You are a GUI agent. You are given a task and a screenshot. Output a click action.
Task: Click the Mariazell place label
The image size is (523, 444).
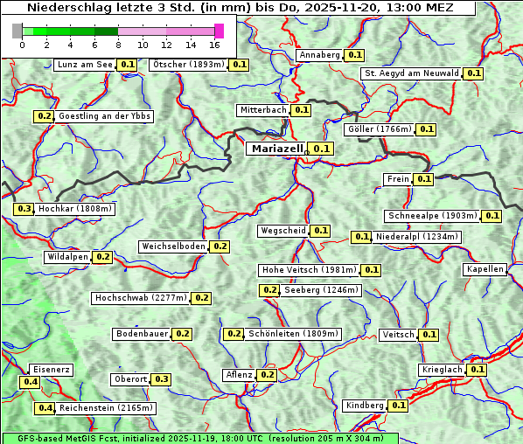click(x=277, y=149)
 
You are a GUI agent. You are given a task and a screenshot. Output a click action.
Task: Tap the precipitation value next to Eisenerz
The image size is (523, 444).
click(x=31, y=382)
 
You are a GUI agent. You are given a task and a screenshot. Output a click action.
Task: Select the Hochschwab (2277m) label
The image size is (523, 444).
click(x=141, y=298)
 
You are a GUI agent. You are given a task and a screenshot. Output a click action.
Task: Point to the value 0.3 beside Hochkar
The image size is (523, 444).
click(x=24, y=209)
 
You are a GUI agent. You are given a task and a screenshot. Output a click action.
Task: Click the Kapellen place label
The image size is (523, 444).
click(x=485, y=269)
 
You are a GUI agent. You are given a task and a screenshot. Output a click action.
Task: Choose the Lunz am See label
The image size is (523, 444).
click(x=85, y=65)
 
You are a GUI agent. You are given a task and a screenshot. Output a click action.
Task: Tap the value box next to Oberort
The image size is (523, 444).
click(x=162, y=379)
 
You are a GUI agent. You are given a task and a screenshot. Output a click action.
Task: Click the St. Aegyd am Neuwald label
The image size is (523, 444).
click(x=412, y=73)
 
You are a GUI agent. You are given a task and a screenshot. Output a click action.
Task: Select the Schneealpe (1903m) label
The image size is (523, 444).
click(x=432, y=216)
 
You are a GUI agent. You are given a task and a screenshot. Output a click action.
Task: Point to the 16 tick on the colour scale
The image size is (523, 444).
click(x=214, y=45)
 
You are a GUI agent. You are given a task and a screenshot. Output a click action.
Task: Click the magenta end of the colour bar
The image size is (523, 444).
click(x=219, y=31)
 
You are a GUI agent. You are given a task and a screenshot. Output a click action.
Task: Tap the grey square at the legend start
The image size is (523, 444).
click(x=17, y=31)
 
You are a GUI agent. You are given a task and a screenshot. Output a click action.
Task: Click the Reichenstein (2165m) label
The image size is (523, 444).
click(x=107, y=408)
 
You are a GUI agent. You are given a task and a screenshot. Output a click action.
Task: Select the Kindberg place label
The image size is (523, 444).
click(x=365, y=406)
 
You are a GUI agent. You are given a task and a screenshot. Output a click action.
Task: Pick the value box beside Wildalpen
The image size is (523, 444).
click(x=102, y=257)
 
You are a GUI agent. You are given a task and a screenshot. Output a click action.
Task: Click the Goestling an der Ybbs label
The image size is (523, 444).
click(x=104, y=116)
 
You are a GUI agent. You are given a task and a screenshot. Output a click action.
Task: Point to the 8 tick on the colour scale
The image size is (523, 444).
click(x=118, y=45)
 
